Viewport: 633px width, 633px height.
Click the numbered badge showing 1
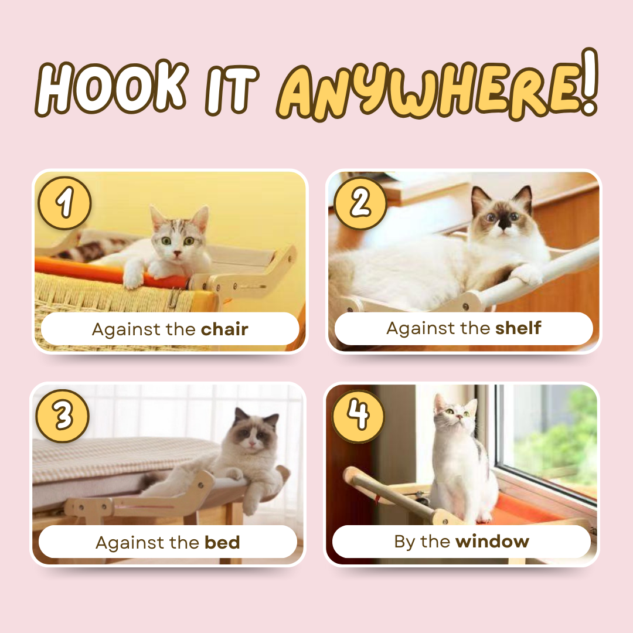click(x=64, y=203)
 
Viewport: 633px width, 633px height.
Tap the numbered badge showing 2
click(x=360, y=203)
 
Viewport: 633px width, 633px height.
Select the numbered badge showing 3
click(x=63, y=416)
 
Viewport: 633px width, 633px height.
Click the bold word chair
click(x=224, y=329)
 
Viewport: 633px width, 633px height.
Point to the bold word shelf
click(x=518, y=328)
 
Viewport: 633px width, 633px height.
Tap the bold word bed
click(x=222, y=542)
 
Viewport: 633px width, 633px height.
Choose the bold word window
click(x=492, y=541)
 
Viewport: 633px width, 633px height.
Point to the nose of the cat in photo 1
click(x=176, y=254)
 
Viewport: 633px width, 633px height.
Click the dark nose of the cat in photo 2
click(x=504, y=223)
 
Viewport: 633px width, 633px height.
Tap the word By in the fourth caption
click(x=404, y=542)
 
